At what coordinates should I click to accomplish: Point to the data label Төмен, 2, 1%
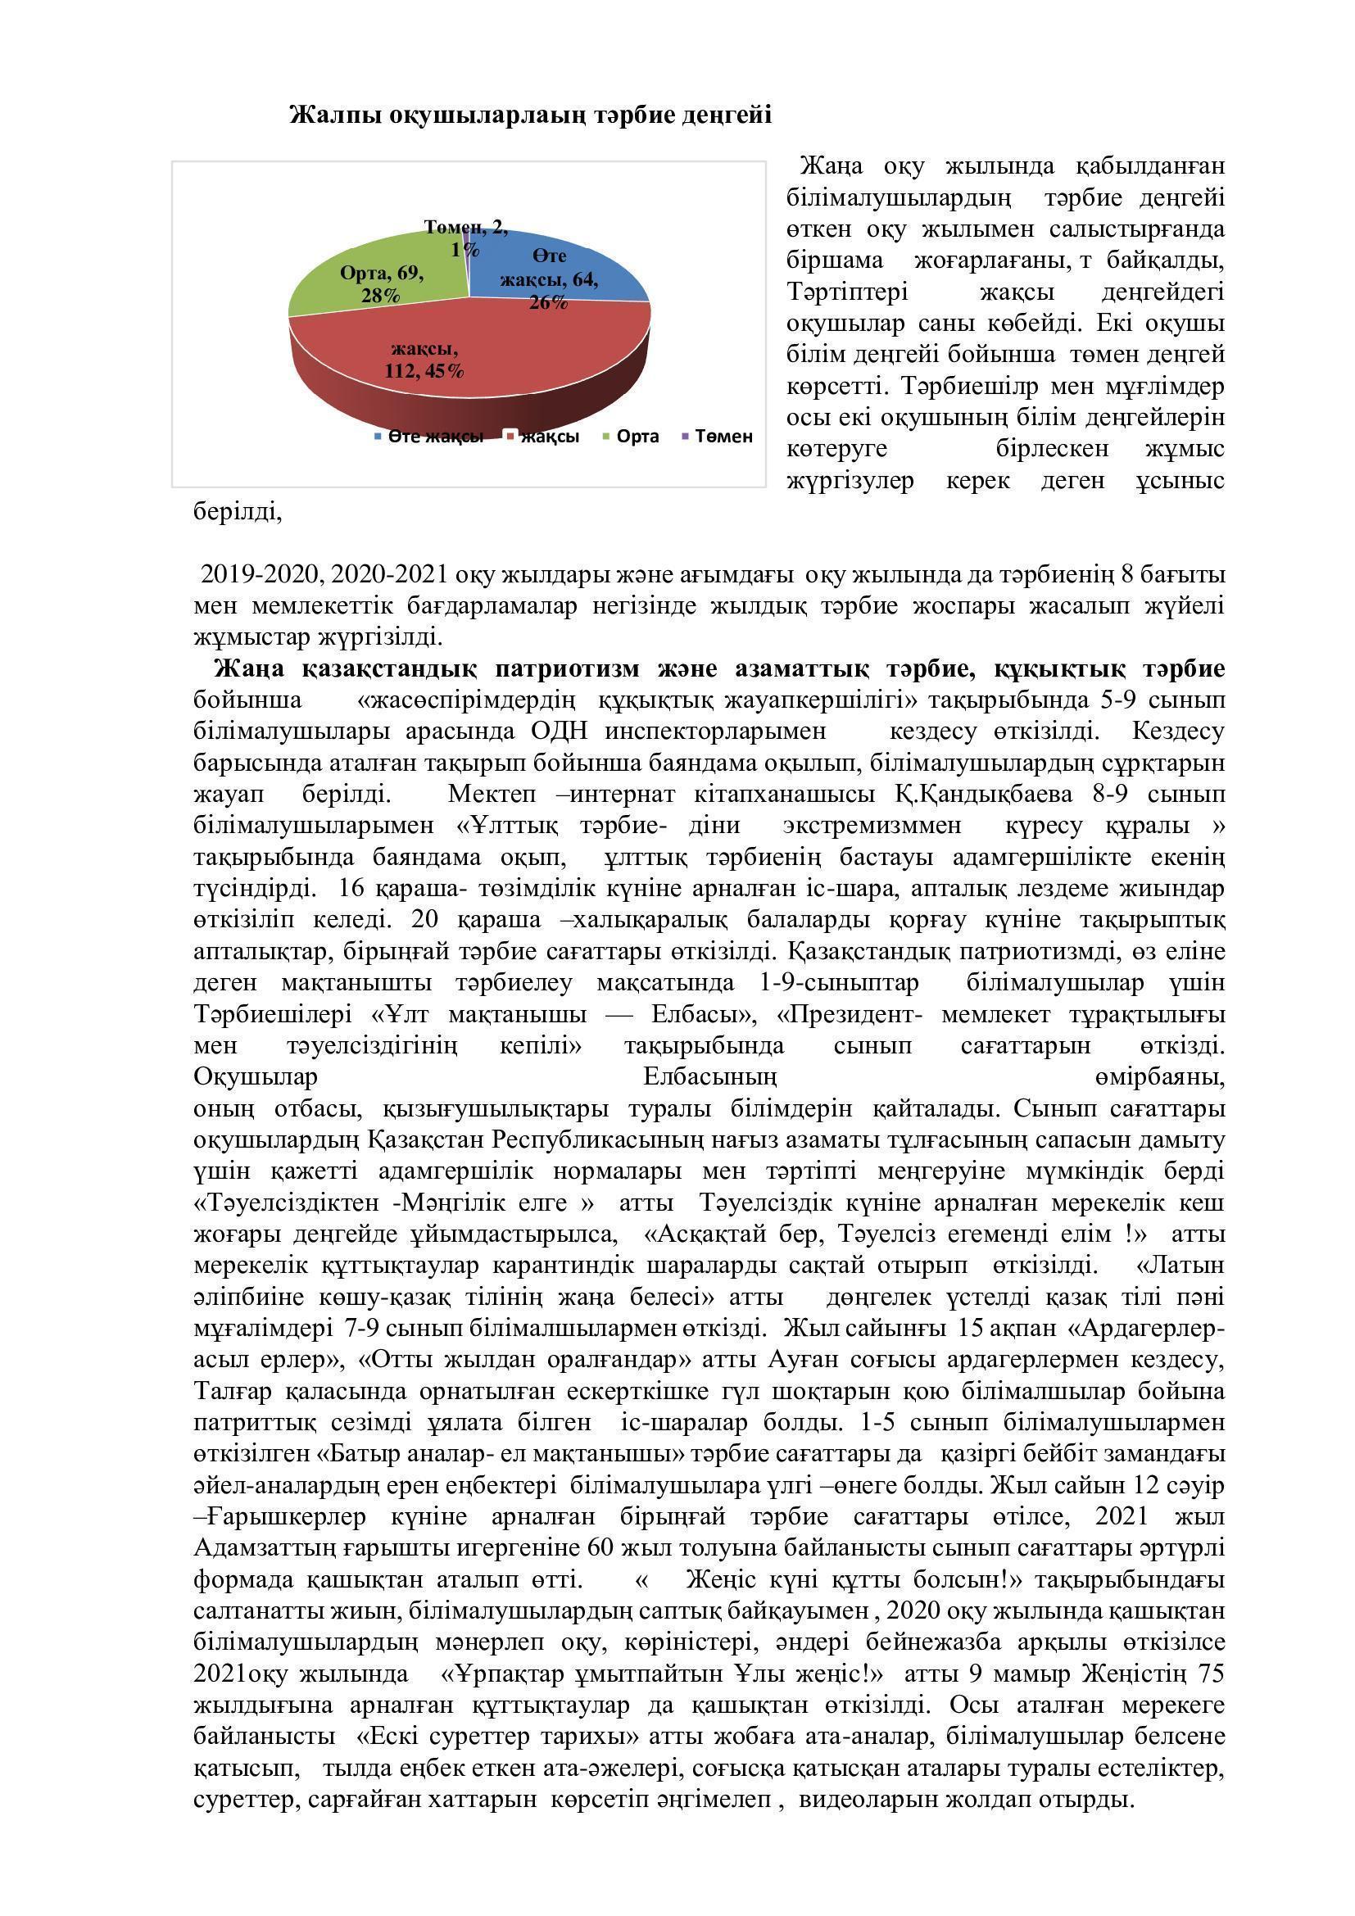pos(465,238)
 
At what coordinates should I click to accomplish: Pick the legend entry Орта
pos(637,437)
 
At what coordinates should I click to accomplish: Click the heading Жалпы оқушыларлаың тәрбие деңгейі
pos(530,116)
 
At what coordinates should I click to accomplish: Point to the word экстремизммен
pos(872,826)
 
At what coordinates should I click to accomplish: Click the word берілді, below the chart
pos(238,511)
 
